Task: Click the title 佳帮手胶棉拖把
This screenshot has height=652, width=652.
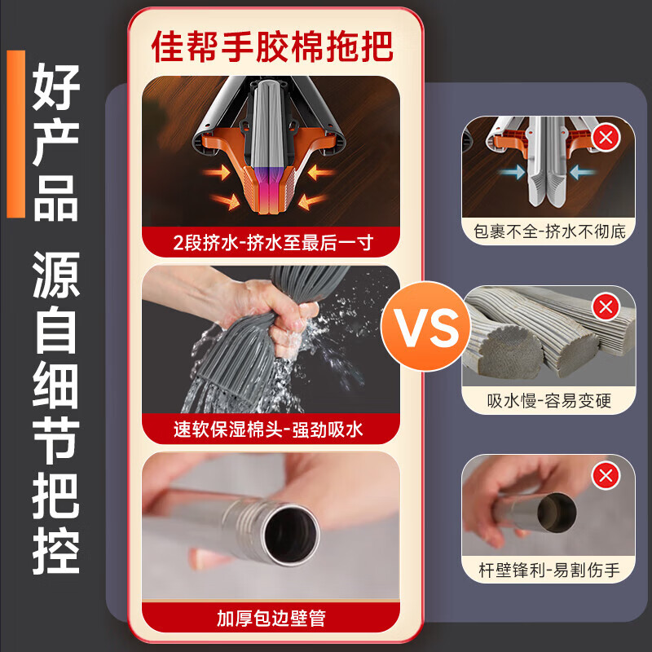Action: click(272, 46)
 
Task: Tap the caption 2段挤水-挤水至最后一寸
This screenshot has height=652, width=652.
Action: click(271, 241)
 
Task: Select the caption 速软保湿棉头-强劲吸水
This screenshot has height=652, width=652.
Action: click(271, 429)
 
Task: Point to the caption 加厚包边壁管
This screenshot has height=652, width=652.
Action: click(271, 617)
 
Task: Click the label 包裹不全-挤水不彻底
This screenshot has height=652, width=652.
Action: click(549, 231)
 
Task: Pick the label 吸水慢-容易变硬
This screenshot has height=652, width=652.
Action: click(549, 401)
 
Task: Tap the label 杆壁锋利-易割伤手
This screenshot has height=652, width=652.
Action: click(549, 570)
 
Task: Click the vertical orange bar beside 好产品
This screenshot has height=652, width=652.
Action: click(15, 134)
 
